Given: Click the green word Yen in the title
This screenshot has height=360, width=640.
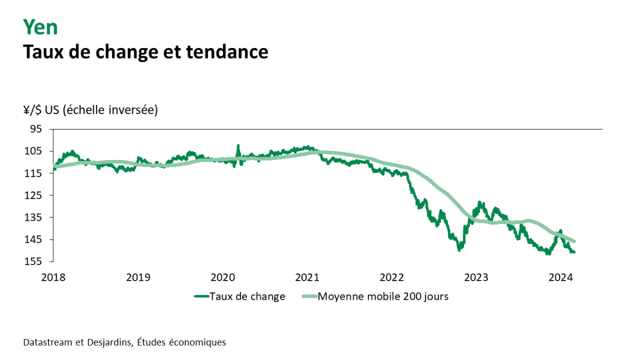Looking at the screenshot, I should (x=40, y=27).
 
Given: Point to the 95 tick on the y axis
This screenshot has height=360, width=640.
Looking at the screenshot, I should (x=36, y=129).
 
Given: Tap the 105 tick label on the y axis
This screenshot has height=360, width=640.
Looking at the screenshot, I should (x=34, y=151).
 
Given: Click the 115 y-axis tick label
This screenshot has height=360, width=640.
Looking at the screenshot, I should (x=34, y=173).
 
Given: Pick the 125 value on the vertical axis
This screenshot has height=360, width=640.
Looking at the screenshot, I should (x=34, y=195).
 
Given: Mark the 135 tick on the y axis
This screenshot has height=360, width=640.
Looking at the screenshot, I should (x=34, y=217).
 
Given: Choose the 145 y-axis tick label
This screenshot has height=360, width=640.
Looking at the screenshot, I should (x=34, y=239).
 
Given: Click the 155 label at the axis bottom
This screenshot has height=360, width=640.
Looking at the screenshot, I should (x=34, y=261).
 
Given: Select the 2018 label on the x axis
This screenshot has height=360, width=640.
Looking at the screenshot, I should (x=53, y=277).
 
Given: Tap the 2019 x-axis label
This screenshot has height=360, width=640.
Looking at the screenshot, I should (x=138, y=277).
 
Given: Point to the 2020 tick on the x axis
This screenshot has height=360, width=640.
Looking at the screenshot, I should (x=222, y=277).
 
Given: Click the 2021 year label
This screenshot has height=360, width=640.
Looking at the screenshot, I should (x=307, y=277).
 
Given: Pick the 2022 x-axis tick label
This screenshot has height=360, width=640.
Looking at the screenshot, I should (x=391, y=277).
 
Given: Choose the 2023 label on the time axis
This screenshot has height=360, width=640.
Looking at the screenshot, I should (x=476, y=277).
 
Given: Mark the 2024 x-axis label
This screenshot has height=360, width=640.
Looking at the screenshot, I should (x=561, y=277).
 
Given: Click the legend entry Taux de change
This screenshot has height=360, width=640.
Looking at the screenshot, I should (x=247, y=297).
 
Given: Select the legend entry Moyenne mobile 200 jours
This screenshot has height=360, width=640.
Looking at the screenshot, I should (x=383, y=297).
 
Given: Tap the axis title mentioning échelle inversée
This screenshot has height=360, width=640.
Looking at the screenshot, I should (x=91, y=110).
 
